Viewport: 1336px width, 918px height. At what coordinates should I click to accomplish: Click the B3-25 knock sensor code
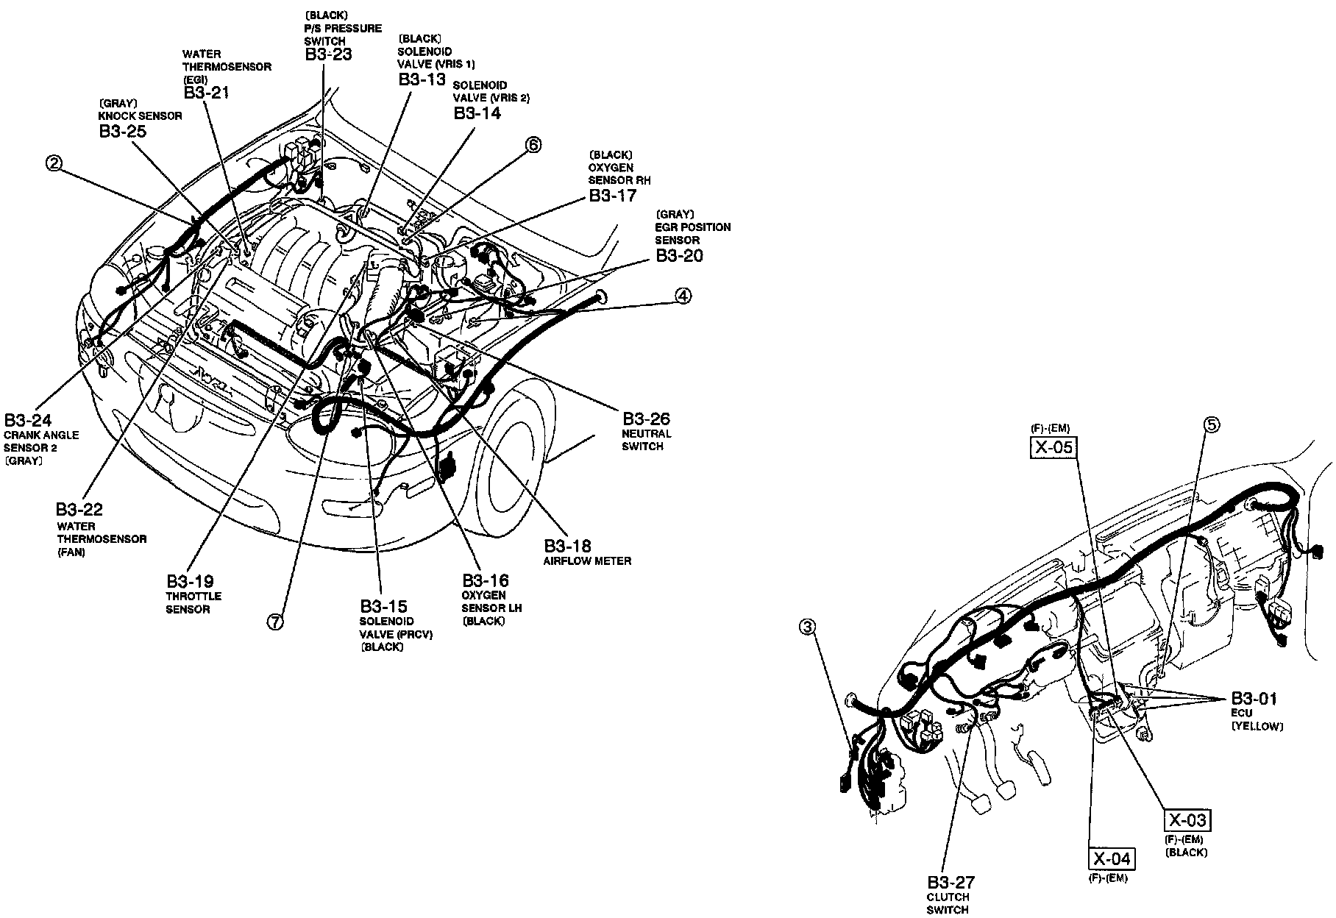tap(122, 131)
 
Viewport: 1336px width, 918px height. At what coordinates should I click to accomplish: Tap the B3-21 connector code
tap(207, 92)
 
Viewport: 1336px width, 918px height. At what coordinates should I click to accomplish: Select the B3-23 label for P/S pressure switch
tap(328, 54)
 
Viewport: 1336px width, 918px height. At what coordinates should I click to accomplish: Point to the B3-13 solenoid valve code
tap(422, 79)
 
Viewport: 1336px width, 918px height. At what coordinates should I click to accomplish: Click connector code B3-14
tap(477, 113)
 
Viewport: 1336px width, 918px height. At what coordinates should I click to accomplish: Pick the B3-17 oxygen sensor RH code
tap(612, 196)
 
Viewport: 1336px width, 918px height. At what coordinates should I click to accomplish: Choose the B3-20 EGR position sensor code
tap(679, 255)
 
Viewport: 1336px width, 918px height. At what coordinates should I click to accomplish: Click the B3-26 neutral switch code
tap(646, 419)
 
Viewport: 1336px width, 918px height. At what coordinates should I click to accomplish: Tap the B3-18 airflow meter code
tap(567, 546)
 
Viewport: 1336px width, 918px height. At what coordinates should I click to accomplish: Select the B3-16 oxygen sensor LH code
tap(485, 580)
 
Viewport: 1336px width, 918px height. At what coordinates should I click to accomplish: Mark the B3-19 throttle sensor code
tap(190, 581)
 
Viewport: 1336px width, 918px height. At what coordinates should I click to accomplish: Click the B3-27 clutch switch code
tap(951, 882)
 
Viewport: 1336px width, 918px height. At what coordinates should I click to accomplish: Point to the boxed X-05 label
tap(1053, 447)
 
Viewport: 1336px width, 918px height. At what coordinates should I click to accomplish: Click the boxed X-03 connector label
tap(1187, 820)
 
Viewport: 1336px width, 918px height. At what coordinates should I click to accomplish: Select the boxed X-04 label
tap(1112, 858)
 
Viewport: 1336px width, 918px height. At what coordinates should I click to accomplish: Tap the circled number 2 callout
tap(53, 163)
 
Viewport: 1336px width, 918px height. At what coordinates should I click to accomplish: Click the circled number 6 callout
tap(533, 145)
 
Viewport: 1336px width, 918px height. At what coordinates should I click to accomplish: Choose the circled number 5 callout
tap(1211, 424)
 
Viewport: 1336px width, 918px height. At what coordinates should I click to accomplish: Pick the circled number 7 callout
tap(274, 622)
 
